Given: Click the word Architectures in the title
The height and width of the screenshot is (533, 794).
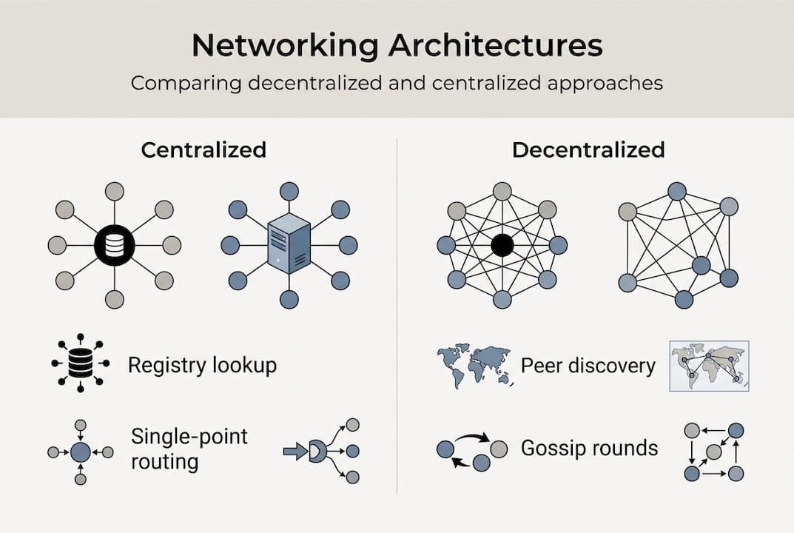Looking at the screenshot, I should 496,45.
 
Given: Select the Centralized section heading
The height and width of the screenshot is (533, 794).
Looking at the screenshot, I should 203,150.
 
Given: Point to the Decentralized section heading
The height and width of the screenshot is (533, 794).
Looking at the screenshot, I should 588,150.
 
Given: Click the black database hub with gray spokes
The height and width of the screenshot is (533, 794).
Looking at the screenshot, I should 115,245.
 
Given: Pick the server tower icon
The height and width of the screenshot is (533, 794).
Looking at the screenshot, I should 289,245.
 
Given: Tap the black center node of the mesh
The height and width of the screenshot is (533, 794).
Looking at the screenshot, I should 502,245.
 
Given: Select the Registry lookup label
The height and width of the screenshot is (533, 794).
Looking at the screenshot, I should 202,365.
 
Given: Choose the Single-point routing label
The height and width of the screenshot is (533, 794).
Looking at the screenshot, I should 189,449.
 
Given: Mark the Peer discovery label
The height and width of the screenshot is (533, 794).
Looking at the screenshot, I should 588,366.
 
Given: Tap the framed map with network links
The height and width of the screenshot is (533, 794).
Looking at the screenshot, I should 708,366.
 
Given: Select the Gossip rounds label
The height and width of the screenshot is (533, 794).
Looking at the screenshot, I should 589,448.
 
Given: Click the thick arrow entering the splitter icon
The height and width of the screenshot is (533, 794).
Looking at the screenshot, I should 295,452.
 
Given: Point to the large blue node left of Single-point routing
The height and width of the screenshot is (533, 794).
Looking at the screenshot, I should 80,452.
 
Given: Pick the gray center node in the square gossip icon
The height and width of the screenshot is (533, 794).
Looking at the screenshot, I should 713,452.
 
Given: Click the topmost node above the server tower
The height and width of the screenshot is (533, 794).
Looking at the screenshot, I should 289,191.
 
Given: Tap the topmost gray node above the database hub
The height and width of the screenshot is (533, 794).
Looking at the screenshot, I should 115,191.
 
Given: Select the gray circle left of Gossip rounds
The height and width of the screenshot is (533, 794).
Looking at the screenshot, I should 499,449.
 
